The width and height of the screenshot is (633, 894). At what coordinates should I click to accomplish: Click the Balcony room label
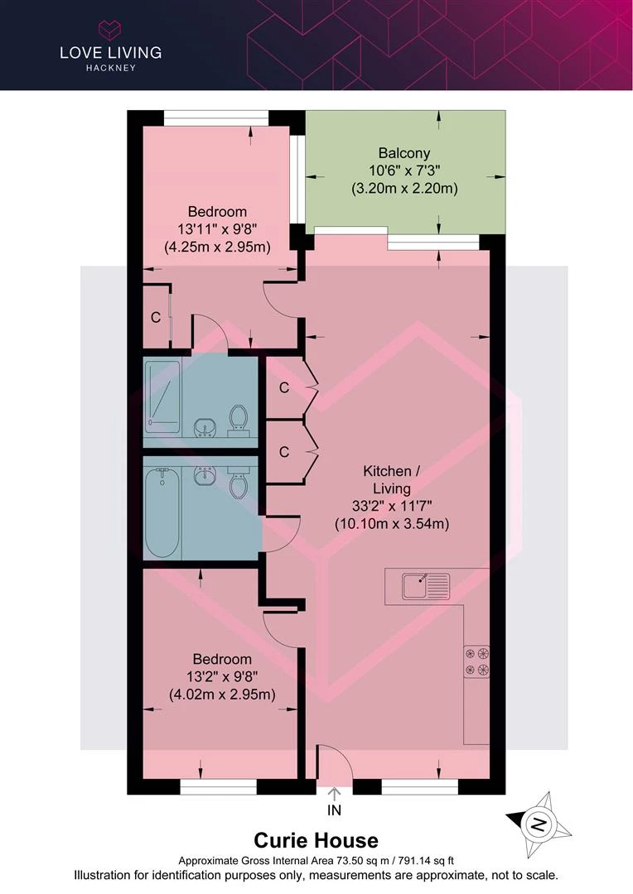404,153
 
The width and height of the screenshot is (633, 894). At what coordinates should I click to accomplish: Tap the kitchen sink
426,586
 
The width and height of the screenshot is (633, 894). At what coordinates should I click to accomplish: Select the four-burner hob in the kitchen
476,661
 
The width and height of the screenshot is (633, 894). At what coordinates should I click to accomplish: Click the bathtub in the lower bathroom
162,512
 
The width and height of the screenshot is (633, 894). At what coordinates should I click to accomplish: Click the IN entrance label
334,810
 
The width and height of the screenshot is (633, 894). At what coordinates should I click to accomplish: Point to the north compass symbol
539,824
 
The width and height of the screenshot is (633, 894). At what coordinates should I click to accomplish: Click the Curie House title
316,840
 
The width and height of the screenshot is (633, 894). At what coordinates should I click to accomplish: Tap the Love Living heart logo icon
110,30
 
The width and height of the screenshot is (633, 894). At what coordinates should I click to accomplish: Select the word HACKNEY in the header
111,68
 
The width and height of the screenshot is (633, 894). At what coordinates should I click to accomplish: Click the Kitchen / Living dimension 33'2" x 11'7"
392,506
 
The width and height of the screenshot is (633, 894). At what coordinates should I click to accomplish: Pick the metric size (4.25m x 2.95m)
217,248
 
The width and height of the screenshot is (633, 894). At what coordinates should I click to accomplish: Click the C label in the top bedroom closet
156,317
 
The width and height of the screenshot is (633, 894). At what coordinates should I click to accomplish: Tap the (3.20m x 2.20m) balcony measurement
404,188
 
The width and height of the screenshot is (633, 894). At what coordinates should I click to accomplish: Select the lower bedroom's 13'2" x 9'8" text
222,677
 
